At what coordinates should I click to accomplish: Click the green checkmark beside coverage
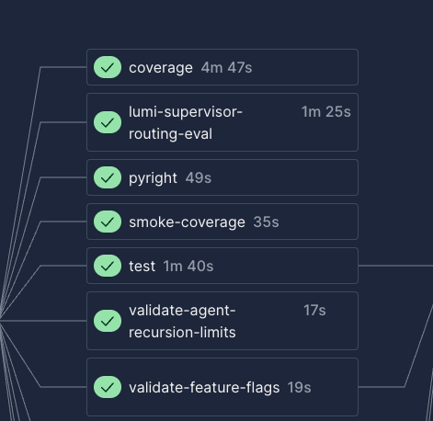click(x=108, y=67)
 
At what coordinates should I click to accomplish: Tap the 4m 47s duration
click(x=226, y=68)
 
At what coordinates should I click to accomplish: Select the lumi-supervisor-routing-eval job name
click(x=186, y=122)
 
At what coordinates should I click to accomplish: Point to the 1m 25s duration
click(x=326, y=112)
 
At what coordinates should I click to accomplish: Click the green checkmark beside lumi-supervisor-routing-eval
click(x=108, y=122)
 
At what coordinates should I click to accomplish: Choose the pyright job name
click(x=153, y=178)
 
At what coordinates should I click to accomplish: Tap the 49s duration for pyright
click(x=199, y=178)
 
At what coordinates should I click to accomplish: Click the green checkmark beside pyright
click(x=108, y=177)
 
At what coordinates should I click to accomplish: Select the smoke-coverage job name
click(x=187, y=222)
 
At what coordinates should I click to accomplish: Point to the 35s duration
click(x=266, y=222)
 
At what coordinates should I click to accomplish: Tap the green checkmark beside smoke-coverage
click(x=108, y=222)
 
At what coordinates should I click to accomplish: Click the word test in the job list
click(x=142, y=267)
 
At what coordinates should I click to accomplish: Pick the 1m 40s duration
click(x=188, y=267)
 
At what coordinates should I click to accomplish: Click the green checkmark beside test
click(x=108, y=266)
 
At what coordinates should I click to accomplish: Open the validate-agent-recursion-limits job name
click(x=182, y=321)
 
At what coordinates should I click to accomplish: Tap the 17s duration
click(x=314, y=311)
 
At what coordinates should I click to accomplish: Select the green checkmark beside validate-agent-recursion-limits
click(x=108, y=321)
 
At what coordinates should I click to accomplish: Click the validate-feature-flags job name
click(x=204, y=388)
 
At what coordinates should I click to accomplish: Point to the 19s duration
click(x=299, y=388)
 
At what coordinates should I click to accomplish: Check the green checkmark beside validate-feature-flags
click(x=108, y=387)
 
